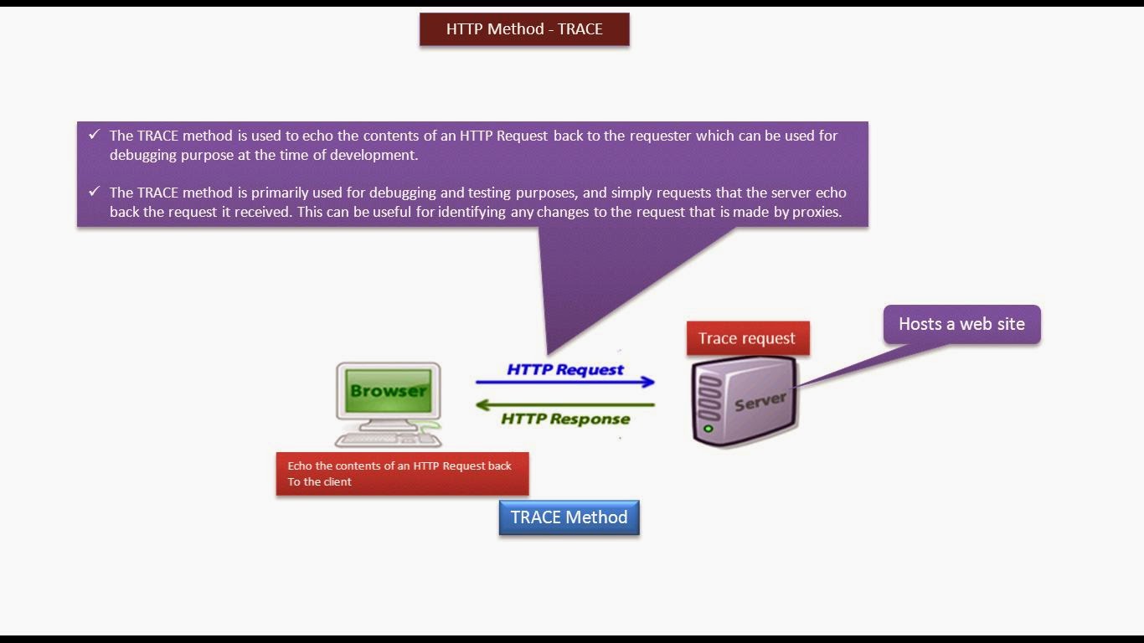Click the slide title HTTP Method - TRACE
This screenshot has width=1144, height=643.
click(x=524, y=29)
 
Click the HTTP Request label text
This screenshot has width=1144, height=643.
click(x=565, y=369)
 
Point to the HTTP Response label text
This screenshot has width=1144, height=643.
click(x=565, y=419)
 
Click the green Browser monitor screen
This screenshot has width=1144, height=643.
click(x=388, y=390)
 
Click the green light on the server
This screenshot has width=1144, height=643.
click(x=709, y=429)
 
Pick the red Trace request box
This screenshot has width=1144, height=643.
click(x=747, y=338)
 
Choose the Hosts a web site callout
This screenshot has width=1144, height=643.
click(x=961, y=324)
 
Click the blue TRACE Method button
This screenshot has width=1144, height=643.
click(x=569, y=517)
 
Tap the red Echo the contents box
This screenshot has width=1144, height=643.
click(x=402, y=474)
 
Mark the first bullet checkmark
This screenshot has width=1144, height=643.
click(x=94, y=135)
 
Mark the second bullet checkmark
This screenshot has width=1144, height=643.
click(x=94, y=192)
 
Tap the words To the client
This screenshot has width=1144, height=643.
click(x=319, y=482)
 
